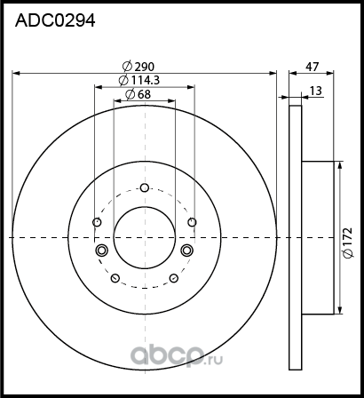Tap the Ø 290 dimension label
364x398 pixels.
click(x=138, y=66)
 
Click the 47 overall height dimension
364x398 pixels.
click(x=312, y=66)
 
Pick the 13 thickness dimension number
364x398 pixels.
click(x=316, y=90)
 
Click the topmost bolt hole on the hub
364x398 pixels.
click(x=144, y=187)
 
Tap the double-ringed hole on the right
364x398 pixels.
click(x=187, y=251)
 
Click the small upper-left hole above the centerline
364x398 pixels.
click(x=97, y=222)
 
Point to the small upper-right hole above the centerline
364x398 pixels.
click(x=191, y=222)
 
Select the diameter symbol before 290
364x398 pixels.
click(x=125, y=66)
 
